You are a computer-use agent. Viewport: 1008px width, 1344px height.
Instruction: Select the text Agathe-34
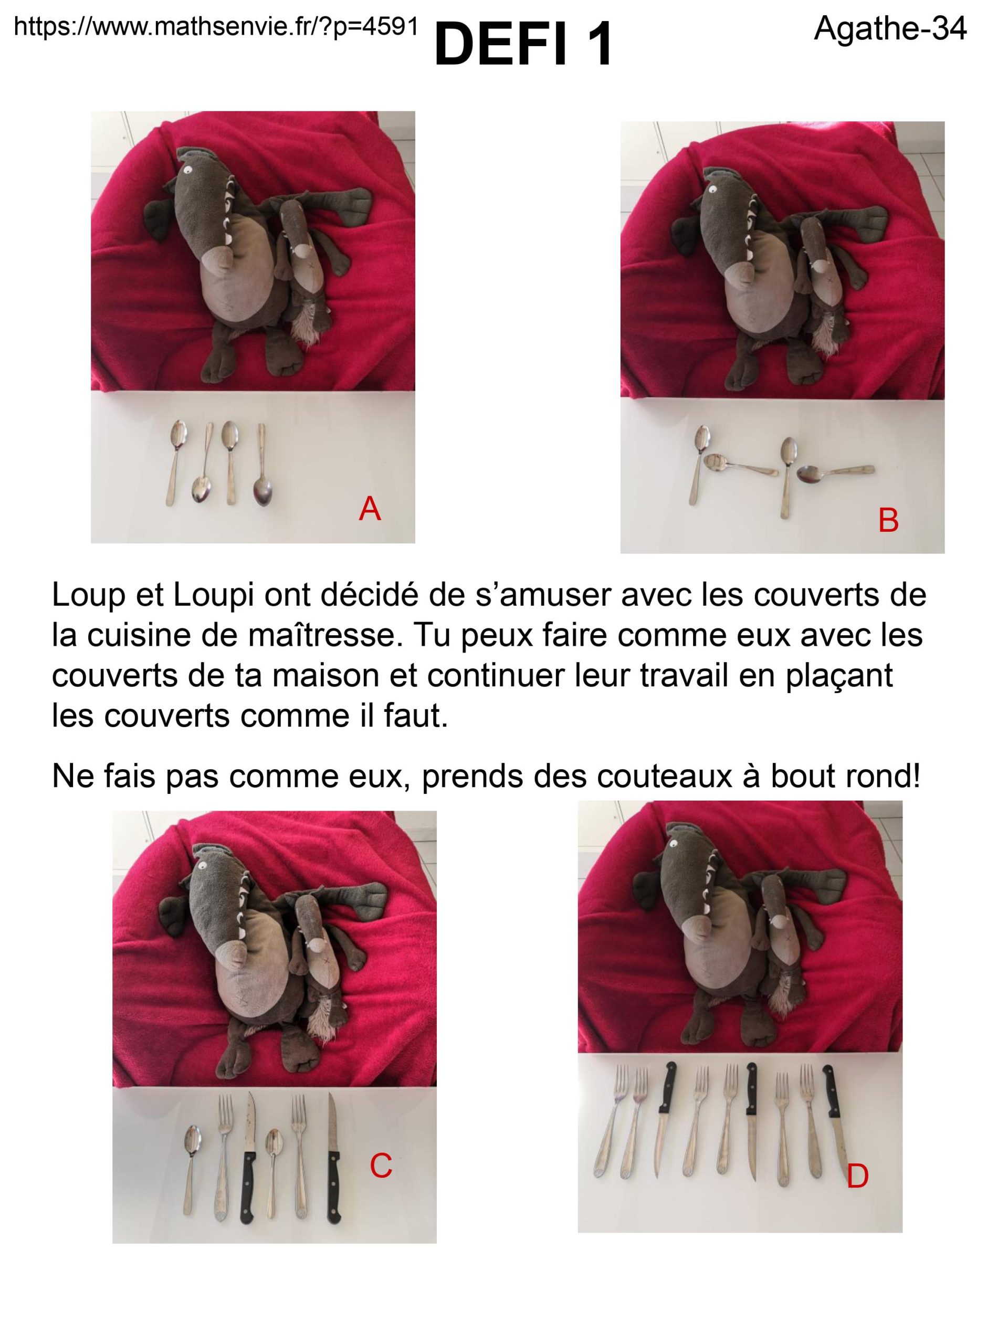pos(889,28)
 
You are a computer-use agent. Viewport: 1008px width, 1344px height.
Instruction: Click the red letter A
pos(370,509)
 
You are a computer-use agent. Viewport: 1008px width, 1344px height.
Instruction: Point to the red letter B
pos(888,520)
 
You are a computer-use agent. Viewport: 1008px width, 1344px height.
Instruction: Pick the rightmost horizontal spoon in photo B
pos(835,471)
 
